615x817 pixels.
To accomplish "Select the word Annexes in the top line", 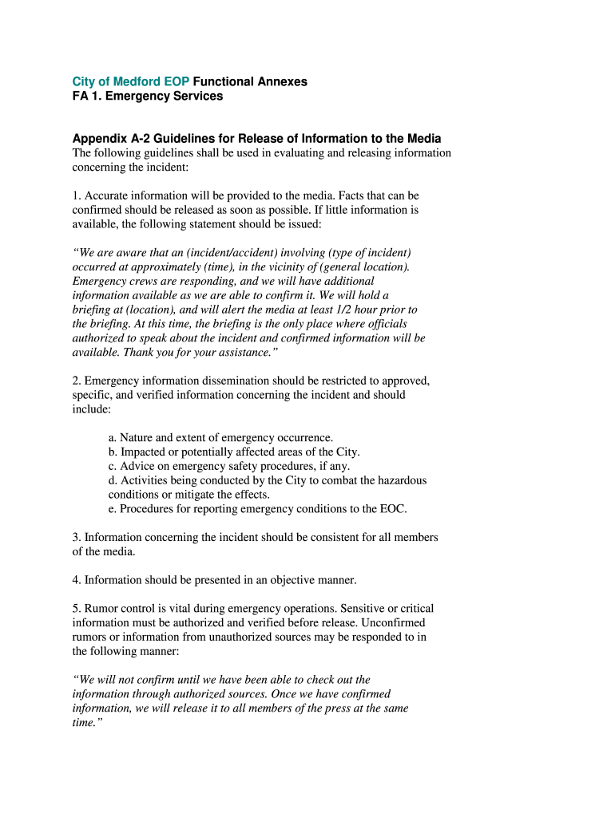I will (x=282, y=81).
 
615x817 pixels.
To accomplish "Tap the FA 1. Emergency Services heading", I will (x=148, y=96).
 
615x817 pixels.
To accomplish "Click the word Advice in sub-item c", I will (x=137, y=466).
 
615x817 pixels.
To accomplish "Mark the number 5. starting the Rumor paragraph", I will (x=77, y=608).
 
